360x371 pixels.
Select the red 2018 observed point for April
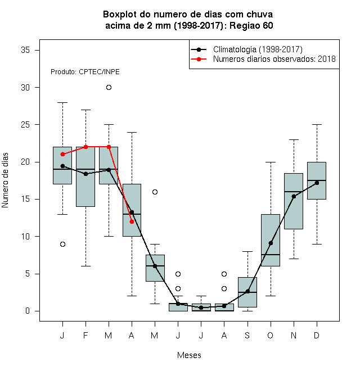(132, 221)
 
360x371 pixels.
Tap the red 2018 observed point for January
(62, 154)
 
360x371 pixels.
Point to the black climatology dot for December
(317, 183)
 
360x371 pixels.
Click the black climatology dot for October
(271, 243)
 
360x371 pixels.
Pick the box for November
(294, 201)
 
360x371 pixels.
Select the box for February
(85, 177)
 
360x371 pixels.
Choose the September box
(247, 292)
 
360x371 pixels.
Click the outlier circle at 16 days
(155, 192)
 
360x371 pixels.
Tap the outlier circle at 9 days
(62, 244)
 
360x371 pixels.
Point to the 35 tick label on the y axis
(25, 50)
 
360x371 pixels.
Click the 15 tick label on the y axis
(25, 199)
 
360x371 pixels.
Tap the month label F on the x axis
(85, 335)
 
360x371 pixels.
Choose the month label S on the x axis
(247, 335)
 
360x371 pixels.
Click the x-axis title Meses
(189, 355)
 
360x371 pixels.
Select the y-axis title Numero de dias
(5, 180)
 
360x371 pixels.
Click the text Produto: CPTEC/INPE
(85, 72)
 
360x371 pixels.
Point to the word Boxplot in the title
(120, 15)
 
